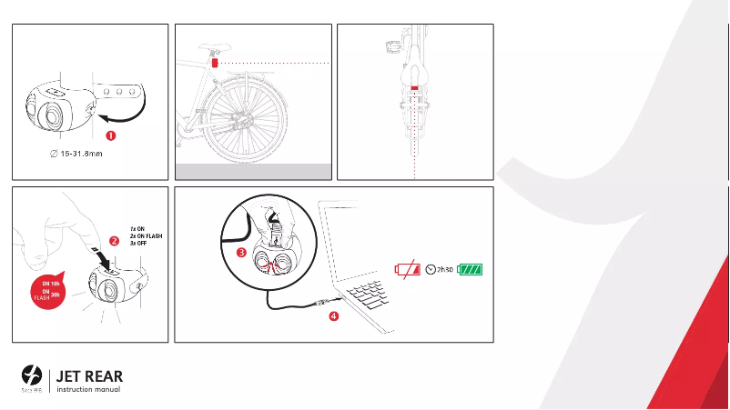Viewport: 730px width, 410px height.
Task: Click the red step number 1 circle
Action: [x=111, y=136]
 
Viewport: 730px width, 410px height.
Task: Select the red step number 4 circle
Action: [x=334, y=317]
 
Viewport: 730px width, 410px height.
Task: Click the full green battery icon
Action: [x=471, y=269]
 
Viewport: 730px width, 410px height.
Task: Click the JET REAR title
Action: [x=89, y=375]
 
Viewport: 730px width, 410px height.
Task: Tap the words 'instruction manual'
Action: [x=88, y=390]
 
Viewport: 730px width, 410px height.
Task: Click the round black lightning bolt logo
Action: [x=32, y=375]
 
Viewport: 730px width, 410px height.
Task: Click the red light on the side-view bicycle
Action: [x=214, y=64]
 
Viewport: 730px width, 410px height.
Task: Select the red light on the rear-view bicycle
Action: [x=414, y=88]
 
